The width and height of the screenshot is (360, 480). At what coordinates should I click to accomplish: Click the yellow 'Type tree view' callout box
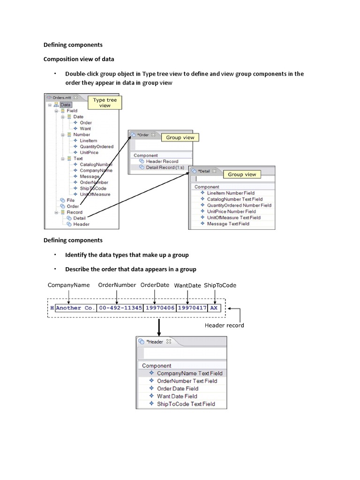point(105,103)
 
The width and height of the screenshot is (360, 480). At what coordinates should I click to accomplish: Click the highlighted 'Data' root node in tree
point(66,105)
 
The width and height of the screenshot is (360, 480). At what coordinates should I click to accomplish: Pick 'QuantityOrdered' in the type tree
point(97,146)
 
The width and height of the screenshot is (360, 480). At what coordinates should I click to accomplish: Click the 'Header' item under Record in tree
point(81,224)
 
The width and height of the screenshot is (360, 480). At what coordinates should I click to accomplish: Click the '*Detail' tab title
point(204,172)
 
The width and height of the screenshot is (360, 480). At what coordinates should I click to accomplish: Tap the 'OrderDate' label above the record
point(155,285)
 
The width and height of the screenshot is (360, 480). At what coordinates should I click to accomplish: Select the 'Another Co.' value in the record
point(75,308)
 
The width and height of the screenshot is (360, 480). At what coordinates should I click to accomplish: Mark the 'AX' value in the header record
point(214,308)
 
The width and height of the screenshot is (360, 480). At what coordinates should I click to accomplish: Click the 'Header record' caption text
point(224,325)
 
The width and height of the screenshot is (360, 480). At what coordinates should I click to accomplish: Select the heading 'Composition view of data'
point(79,59)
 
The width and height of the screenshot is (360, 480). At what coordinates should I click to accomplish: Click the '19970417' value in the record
point(188,308)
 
